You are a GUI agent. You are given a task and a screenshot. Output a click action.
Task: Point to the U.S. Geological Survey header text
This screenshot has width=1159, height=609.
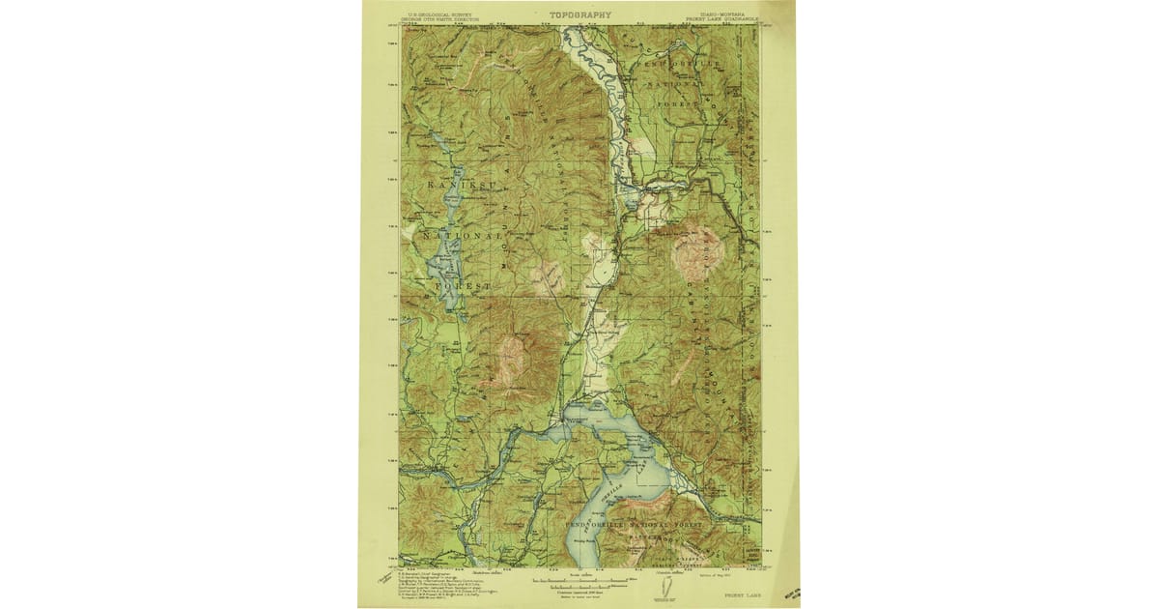click(x=437, y=15)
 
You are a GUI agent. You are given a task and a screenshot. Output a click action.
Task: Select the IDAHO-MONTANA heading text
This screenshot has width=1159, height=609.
click(x=712, y=14)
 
